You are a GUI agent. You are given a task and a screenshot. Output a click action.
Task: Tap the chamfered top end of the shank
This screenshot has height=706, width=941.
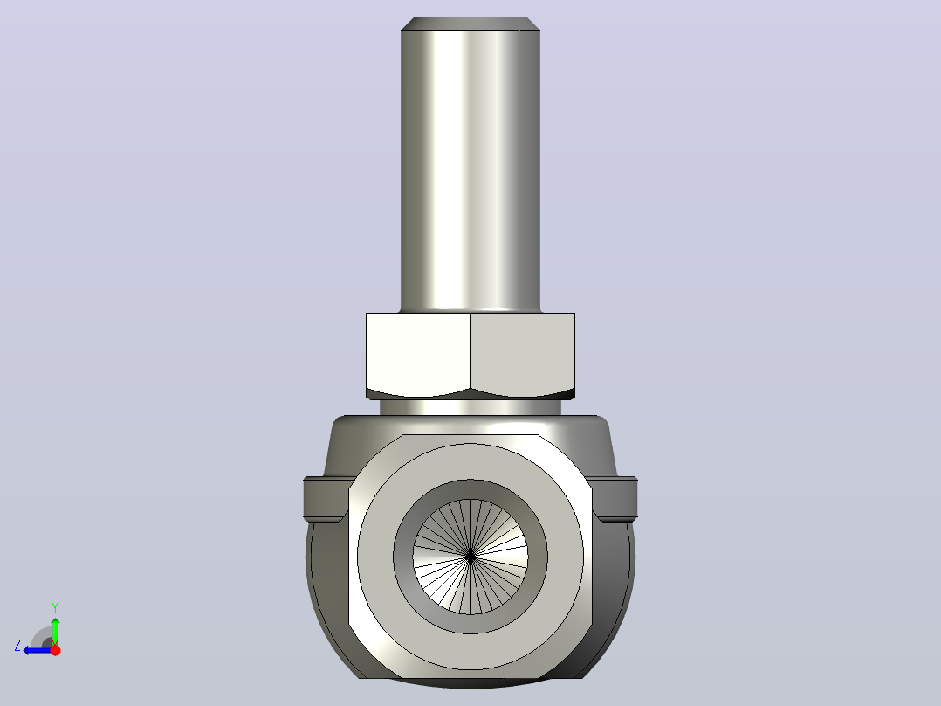pos(470,24)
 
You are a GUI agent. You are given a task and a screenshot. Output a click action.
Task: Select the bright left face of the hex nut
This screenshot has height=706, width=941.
pos(418,355)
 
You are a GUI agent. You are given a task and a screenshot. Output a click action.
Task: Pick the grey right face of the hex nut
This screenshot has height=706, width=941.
pos(523,355)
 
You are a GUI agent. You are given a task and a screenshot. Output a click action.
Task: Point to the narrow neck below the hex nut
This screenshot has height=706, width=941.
pos(470,407)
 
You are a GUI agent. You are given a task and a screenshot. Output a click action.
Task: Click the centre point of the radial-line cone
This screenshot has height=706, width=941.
pos(470,557)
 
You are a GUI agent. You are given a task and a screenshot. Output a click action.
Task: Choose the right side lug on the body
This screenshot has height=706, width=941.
pos(615,498)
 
